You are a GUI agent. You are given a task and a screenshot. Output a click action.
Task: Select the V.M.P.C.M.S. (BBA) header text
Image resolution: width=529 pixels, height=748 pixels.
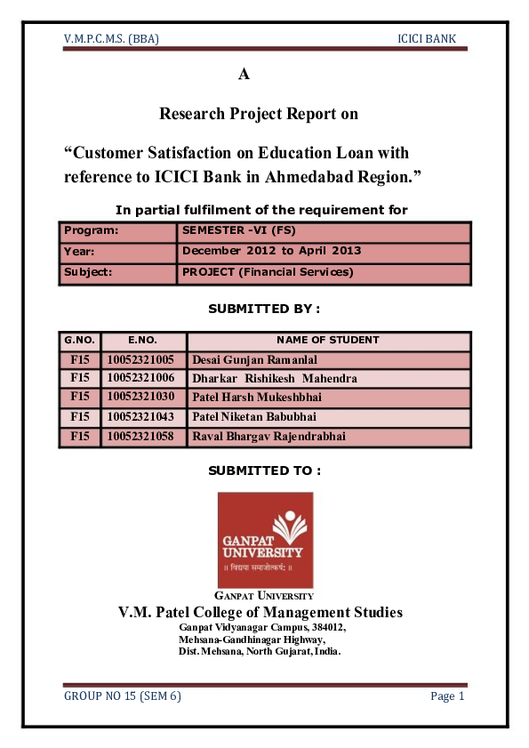click(112, 40)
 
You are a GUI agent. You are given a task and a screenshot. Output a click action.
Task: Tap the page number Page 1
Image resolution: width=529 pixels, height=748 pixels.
click(447, 696)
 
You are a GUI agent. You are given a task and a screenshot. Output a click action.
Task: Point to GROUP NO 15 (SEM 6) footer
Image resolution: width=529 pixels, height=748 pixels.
click(122, 696)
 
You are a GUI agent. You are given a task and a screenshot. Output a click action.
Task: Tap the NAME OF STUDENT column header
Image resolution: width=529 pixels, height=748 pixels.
click(328, 340)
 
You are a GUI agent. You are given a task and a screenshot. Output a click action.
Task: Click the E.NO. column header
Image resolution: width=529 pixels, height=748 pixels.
click(142, 340)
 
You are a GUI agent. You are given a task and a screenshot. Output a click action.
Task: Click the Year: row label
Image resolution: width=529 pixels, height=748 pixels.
click(79, 251)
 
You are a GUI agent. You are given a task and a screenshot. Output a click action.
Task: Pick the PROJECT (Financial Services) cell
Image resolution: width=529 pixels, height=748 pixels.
click(268, 272)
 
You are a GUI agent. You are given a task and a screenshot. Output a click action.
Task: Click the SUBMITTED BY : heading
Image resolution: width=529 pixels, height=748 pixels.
click(263, 309)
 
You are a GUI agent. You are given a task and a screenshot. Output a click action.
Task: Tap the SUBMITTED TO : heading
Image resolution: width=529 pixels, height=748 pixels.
click(263, 470)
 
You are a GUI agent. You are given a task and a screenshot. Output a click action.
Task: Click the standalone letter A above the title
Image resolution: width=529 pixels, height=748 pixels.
click(244, 75)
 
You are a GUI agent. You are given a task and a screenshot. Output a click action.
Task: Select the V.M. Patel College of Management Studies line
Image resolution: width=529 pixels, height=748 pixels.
click(260, 612)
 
